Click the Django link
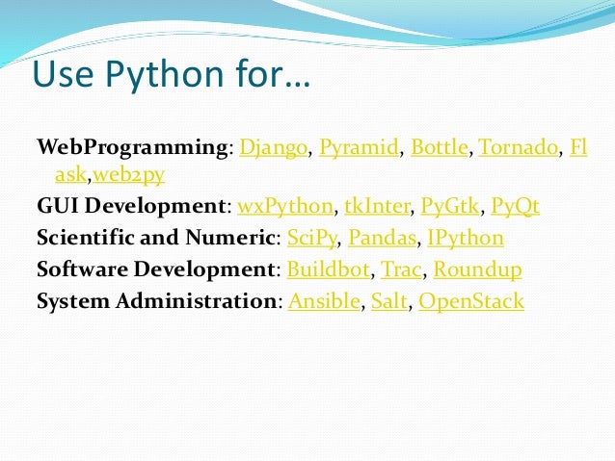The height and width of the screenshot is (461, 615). [273, 148]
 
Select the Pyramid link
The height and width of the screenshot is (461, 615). [359, 148]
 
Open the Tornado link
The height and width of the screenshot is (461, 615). [519, 148]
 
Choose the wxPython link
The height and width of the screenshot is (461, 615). [285, 206]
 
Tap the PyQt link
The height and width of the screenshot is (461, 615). [517, 206]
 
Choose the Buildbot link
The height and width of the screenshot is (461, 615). [328, 269]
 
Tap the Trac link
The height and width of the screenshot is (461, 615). [403, 269]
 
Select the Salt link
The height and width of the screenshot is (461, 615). [389, 301]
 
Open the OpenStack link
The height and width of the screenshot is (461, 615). [471, 301]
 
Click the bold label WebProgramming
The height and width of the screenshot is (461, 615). [133, 148]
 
